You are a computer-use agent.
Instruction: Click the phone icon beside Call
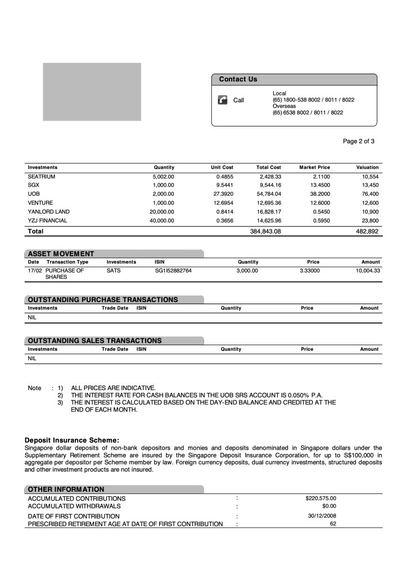(222, 100)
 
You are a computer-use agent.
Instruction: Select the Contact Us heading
(238, 79)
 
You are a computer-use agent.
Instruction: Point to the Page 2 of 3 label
(358, 141)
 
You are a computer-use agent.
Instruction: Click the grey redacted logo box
(92, 92)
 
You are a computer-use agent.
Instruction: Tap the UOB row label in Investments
(34, 194)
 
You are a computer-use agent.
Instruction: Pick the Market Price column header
(314, 167)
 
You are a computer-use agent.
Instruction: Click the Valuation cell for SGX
(370, 185)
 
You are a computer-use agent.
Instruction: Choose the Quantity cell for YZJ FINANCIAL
(161, 221)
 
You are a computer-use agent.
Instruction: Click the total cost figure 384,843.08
(265, 231)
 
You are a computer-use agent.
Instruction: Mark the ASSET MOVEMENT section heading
(61, 253)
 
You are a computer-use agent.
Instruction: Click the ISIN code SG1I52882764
(173, 271)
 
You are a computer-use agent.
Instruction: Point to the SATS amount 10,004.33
(368, 271)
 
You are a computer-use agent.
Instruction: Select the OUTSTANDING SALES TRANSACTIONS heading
(94, 341)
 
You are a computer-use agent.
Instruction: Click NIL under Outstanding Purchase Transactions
(32, 318)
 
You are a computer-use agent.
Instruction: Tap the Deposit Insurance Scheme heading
(72, 440)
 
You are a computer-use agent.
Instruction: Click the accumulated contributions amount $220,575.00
(321, 498)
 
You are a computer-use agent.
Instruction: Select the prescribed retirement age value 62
(333, 524)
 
